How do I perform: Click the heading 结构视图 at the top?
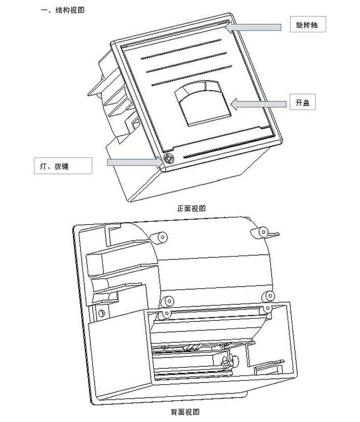[70, 10]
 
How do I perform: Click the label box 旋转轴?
[308, 25]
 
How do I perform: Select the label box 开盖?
[303, 102]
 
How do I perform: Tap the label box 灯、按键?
[63, 166]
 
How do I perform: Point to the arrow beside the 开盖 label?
[258, 104]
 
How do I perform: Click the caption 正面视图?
[191, 208]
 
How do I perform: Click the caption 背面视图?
[185, 412]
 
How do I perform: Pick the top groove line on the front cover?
[181, 49]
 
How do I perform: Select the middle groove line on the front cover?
[186, 62]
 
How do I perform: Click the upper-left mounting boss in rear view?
[159, 237]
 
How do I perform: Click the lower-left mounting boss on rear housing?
[168, 301]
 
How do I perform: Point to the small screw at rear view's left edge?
[101, 313]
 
